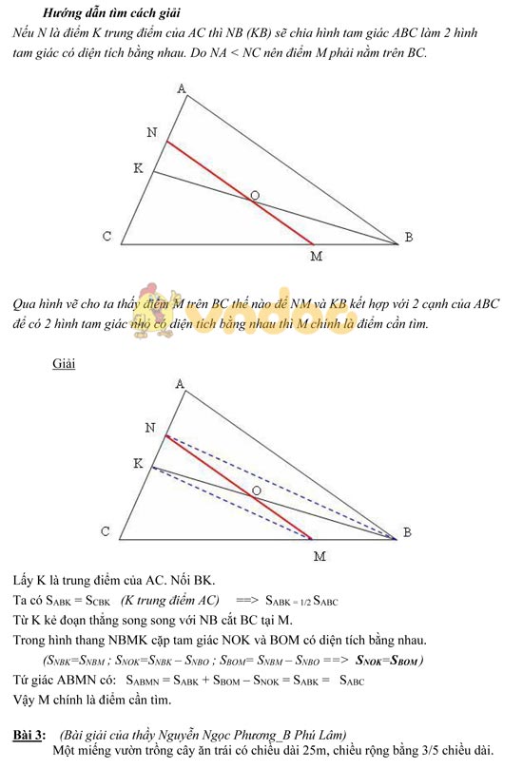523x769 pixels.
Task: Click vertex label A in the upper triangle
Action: (x=181, y=89)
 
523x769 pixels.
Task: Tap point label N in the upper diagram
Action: (x=152, y=132)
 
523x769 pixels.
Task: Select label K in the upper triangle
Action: (x=139, y=168)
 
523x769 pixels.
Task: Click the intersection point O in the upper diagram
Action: (x=254, y=196)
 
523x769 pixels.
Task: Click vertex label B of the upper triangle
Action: (x=408, y=238)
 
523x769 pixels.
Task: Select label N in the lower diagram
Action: (x=150, y=428)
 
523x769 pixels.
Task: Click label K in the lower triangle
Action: (x=139, y=463)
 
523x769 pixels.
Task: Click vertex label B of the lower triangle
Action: (x=408, y=532)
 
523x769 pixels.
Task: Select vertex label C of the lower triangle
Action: (x=107, y=532)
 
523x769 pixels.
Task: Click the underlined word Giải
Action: (x=64, y=364)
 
